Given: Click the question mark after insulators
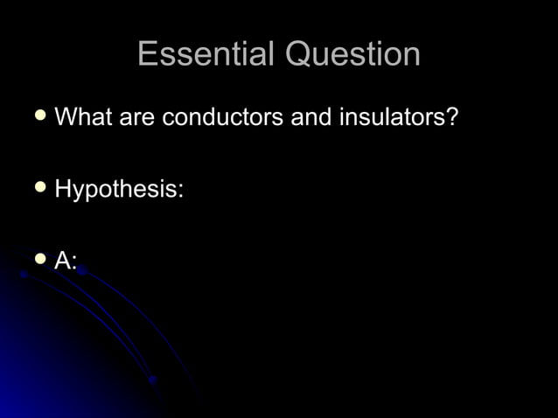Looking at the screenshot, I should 452,116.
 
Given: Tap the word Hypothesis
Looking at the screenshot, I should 115,189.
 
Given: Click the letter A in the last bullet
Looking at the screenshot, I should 63,260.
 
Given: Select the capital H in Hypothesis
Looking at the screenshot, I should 63,188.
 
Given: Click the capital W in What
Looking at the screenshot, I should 66,116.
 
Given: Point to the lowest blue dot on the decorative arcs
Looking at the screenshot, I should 153,380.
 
